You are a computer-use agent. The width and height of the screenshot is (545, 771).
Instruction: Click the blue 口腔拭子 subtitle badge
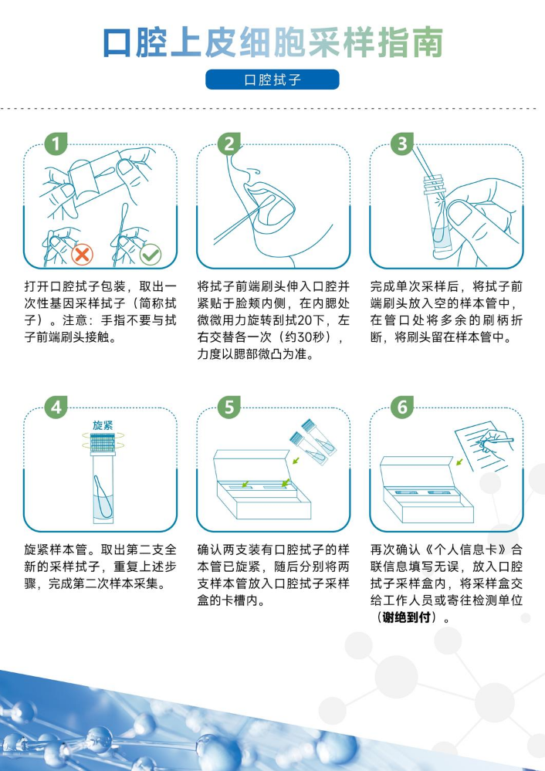[x=272, y=79]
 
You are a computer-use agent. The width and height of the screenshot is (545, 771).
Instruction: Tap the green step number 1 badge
[x=56, y=144]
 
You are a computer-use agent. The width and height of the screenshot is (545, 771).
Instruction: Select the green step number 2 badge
[x=228, y=144]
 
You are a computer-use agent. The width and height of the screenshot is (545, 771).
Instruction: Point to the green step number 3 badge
[x=402, y=144]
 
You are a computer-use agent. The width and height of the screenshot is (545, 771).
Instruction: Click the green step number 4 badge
[x=56, y=407]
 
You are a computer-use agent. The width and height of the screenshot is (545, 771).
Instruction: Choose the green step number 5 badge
[x=228, y=407]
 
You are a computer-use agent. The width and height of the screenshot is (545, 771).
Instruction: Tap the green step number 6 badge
[x=402, y=407]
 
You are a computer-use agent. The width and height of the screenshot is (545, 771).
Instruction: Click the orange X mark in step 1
[x=82, y=255]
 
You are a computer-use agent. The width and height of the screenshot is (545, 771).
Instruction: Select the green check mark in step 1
[x=150, y=255]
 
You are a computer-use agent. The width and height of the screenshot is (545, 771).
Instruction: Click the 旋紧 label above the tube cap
[x=103, y=424]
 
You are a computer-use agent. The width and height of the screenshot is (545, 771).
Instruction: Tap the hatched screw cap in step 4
[x=103, y=442]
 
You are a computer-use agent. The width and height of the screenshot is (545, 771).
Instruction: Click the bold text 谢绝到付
[x=406, y=617]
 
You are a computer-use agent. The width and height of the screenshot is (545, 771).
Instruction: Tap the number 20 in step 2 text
[x=304, y=320]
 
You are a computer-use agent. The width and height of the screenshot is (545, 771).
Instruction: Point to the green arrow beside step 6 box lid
[x=459, y=462]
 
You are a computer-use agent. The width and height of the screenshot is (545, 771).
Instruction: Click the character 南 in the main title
[x=428, y=42]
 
